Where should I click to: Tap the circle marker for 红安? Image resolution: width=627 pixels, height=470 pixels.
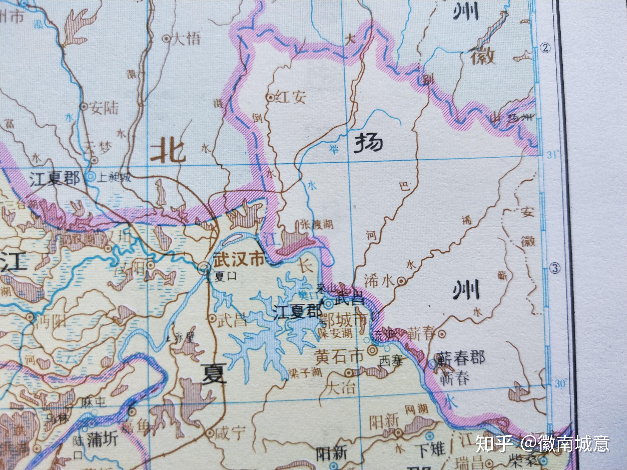coord(271,98)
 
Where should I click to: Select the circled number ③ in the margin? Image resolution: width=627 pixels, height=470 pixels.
coord(555,268)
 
